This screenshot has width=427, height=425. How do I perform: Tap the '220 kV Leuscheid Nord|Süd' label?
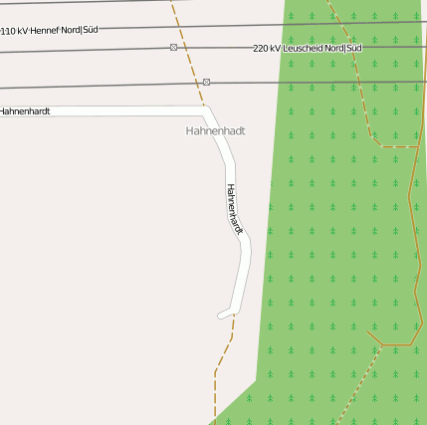[307, 48]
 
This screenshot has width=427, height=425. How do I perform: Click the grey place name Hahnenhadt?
[215, 130]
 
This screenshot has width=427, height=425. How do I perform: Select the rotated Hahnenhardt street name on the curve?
[235, 208]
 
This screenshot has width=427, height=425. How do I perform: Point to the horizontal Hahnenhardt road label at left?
[25, 111]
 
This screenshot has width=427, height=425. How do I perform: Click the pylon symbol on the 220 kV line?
[174, 48]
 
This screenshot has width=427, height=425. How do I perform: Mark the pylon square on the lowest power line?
[206, 82]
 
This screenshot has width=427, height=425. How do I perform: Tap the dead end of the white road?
[221, 316]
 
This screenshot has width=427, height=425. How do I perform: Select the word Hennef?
[46, 31]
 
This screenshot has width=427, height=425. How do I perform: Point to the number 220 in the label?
[262, 48]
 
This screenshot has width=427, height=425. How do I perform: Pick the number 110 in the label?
[8, 32]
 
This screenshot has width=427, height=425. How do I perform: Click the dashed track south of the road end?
[225, 353]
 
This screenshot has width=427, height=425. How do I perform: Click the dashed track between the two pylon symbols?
[191, 65]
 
